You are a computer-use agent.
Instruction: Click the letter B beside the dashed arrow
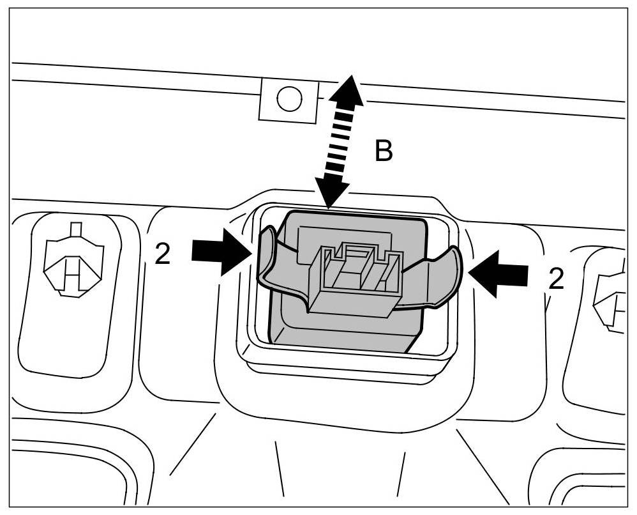click(x=383, y=152)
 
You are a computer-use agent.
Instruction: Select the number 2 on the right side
click(x=556, y=279)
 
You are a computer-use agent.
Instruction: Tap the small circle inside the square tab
click(x=289, y=98)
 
